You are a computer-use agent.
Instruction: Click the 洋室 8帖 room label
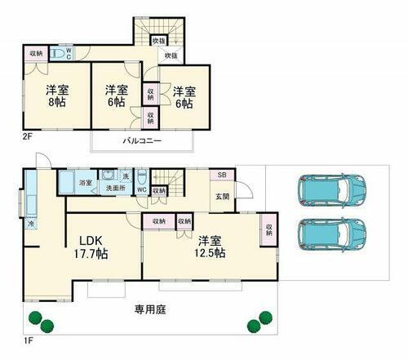[x=55, y=96]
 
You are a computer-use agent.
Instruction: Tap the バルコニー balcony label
[x=142, y=140]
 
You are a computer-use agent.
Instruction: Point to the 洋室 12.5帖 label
[x=210, y=247]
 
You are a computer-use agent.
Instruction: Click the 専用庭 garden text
[x=148, y=310]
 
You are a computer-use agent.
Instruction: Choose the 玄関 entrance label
[x=222, y=196]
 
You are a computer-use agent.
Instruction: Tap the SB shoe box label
[x=220, y=176]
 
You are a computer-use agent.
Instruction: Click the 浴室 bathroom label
[x=85, y=184]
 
